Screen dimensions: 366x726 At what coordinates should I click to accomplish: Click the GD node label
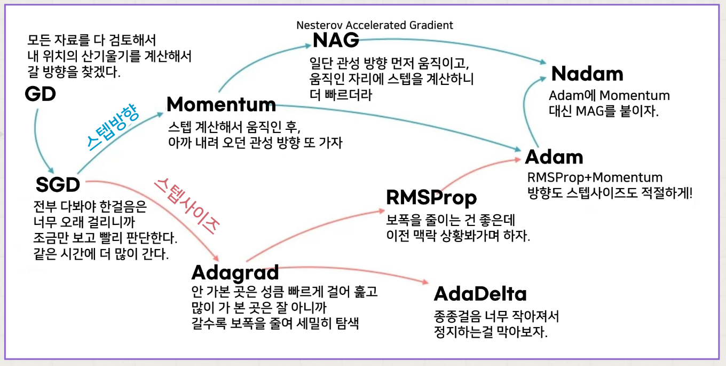point(40,95)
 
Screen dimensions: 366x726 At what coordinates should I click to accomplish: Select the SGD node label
point(58,185)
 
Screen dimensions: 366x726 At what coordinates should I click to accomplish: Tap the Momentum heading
point(221,104)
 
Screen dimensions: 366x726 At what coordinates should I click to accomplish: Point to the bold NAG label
point(336,40)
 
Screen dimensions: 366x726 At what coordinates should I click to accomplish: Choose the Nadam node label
point(587,74)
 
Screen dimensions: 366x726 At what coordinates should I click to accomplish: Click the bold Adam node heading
point(554,157)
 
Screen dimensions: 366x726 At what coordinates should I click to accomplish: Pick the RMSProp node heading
point(431,198)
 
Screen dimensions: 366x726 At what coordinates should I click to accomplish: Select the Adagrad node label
point(235,272)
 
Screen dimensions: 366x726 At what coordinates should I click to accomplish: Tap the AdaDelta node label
point(480,294)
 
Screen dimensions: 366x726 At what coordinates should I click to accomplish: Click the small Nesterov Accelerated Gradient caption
point(375,25)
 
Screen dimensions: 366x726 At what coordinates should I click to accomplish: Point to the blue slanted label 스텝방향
point(114,127)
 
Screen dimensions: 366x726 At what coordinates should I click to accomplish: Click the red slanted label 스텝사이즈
point(187,206)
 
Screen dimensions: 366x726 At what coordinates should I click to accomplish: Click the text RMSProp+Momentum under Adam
point(594,178)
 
